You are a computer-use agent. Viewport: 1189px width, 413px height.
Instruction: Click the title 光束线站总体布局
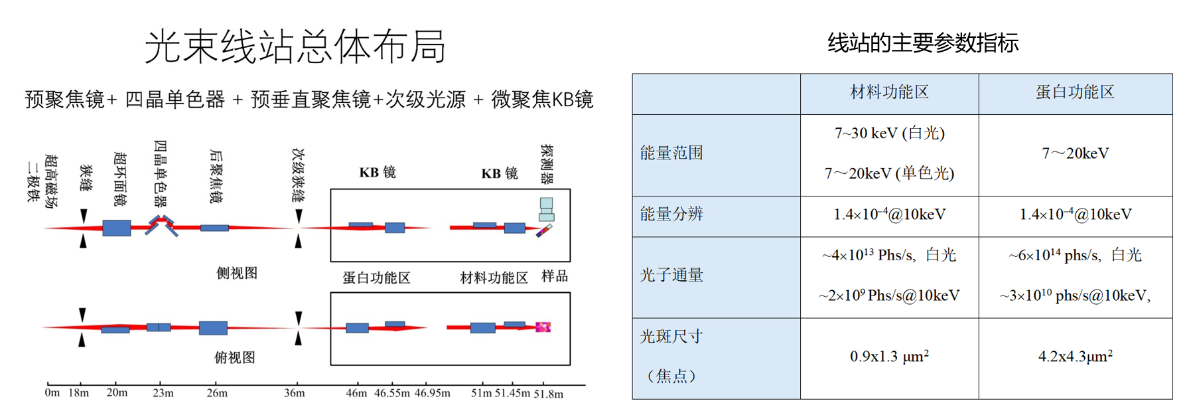[x=295, y=46]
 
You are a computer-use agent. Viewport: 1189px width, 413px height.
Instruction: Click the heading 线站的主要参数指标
[x=922, y=43]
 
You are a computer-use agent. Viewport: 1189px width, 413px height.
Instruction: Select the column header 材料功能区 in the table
[x=889, y=93]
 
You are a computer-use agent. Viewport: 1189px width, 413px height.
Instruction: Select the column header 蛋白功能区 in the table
[x=1075, y=93]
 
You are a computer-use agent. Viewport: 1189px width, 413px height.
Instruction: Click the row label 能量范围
[x=671, y=153]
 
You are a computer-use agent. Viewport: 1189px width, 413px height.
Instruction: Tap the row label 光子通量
[x=671, y=276]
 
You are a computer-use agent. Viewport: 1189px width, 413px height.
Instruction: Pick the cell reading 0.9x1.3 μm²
[x=889, y=357]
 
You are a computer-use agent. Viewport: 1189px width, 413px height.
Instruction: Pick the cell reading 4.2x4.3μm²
[x=1075, y=357]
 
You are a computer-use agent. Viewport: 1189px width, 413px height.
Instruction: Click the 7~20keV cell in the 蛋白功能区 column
[x=1075, y=153]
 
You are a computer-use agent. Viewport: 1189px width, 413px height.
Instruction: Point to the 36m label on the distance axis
[x=294, y=393]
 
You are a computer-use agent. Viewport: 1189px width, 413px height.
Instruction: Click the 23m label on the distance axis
[x=163, y=393]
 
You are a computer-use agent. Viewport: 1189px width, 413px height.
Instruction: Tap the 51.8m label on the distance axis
[x=548, y=394]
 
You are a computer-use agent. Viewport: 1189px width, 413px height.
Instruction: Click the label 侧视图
[x=237, y=273]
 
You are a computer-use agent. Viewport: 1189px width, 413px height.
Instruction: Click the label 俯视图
[x=234, y=358]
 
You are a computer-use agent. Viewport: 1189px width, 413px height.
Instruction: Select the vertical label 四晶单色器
[x=160, y=173]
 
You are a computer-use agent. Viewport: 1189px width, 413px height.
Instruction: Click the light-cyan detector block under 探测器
[x=546, y=209]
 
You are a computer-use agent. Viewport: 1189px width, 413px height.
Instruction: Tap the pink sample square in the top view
[x=543, y=327]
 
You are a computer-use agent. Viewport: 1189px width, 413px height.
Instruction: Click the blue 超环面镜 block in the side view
[x=116, y=228]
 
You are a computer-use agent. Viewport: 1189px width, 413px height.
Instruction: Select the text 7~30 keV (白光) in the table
[x=889, y=133]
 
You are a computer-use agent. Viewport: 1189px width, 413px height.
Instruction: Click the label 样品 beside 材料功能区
[x=555, y=276]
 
